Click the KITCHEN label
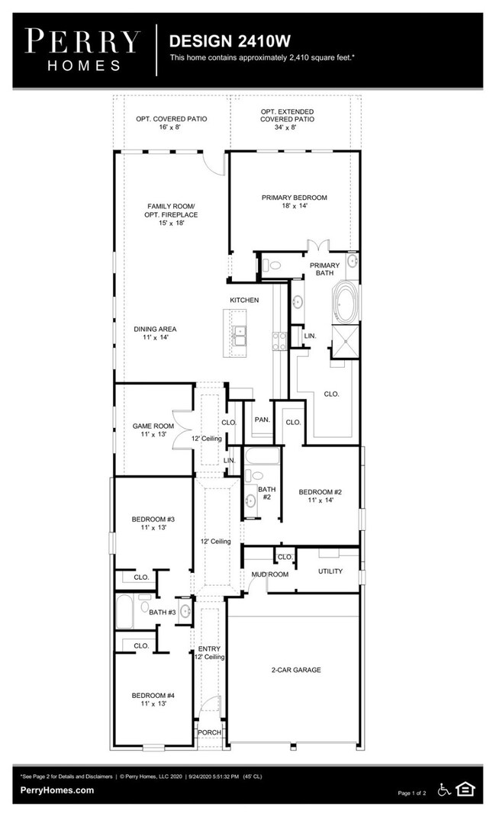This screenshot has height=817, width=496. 245,300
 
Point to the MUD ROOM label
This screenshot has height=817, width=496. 270,574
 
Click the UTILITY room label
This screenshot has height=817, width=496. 330,571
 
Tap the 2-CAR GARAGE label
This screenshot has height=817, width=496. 295,670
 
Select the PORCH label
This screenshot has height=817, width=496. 209,732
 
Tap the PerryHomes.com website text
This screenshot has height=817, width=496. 57,790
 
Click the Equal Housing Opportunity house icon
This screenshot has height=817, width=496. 464,789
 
